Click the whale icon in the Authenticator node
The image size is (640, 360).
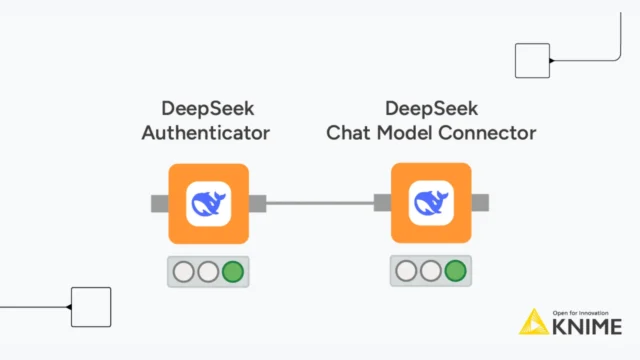point(208,204)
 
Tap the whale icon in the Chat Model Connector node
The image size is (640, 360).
point(431,204)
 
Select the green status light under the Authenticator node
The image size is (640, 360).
point(232,271)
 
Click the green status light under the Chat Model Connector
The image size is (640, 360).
point(455,271)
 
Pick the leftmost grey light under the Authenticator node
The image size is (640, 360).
point(183,271)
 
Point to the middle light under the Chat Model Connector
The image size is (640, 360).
point(431,271)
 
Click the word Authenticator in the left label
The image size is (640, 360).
point(206,132)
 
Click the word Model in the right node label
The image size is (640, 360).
point(405,132)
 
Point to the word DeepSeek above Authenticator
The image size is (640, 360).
point(206,107)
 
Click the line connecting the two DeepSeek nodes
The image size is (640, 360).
point(320,204)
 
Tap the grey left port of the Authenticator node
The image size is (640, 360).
point(159,204)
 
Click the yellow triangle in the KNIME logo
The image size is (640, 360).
point(532,322)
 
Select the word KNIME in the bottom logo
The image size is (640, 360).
point(587,326)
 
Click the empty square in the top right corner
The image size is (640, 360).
point(532,60)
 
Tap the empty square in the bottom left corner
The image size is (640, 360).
point(91,307)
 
